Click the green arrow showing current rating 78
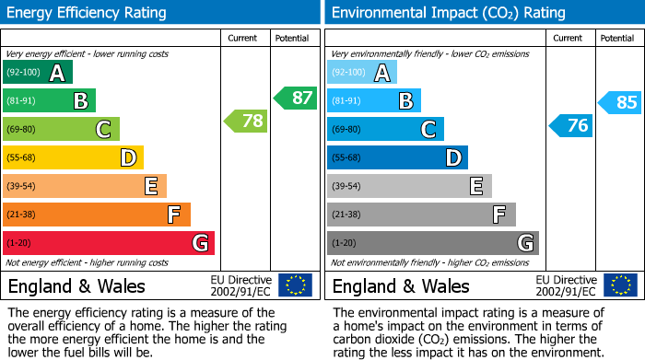coord(246,121)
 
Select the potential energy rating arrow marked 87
coord(294,98)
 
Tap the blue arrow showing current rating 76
coord(570,125)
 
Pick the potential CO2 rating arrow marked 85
coord(619,102)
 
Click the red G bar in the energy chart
coord(109,243)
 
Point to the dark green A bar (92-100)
coord(38,73)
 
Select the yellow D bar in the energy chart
coord(73,158)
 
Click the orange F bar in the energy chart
coord(97,215)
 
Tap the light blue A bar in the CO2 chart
coord(362,73)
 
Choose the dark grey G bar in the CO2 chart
coord(432,243)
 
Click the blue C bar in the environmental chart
coord(385,130)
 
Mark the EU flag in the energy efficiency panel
coord(295,285)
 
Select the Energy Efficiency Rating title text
coord(88,13)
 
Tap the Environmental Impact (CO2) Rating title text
coord(448,13)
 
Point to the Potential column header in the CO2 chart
coord(617,38)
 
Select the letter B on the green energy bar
coord(81,101)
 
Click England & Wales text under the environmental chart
coord(401,285)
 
